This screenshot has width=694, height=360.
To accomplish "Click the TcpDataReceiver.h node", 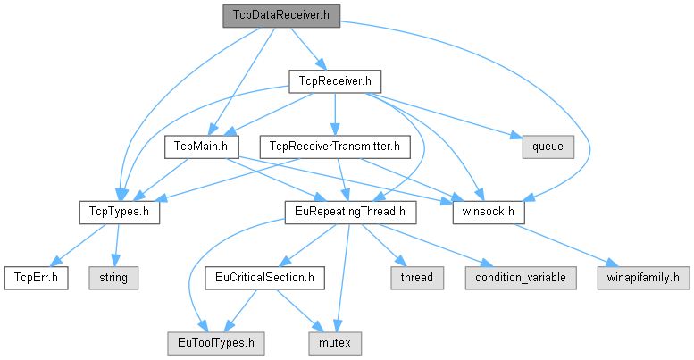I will tap(280, 14).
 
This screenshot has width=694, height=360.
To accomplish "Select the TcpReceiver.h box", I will tap(335, 81).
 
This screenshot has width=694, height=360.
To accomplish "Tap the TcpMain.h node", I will tap(198, 146).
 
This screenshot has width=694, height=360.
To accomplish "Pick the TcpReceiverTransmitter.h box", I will tap(333, 146).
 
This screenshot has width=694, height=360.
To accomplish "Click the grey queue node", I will tap(548, 146).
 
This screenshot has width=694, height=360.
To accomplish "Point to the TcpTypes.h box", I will tap(118, 212).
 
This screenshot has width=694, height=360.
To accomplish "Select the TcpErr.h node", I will tap(36, 277).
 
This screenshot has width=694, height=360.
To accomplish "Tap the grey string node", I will tap(113, 277).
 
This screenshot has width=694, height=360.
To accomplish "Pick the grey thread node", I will tap(416, 277).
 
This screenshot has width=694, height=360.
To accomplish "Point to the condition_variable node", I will tap(520, 277).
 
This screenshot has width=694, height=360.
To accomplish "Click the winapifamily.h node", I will tap(643, 277).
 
